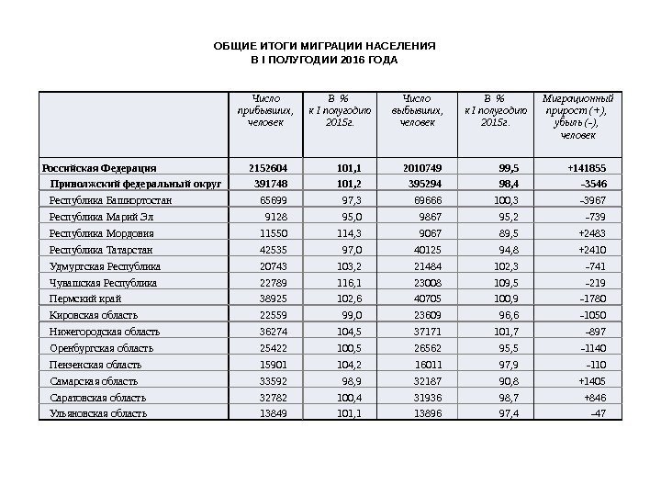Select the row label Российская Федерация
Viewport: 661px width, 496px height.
click(x=99, y=168)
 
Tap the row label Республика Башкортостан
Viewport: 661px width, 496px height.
click(x=110, y=199)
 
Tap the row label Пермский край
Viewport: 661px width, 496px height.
click(x=85, y=299)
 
